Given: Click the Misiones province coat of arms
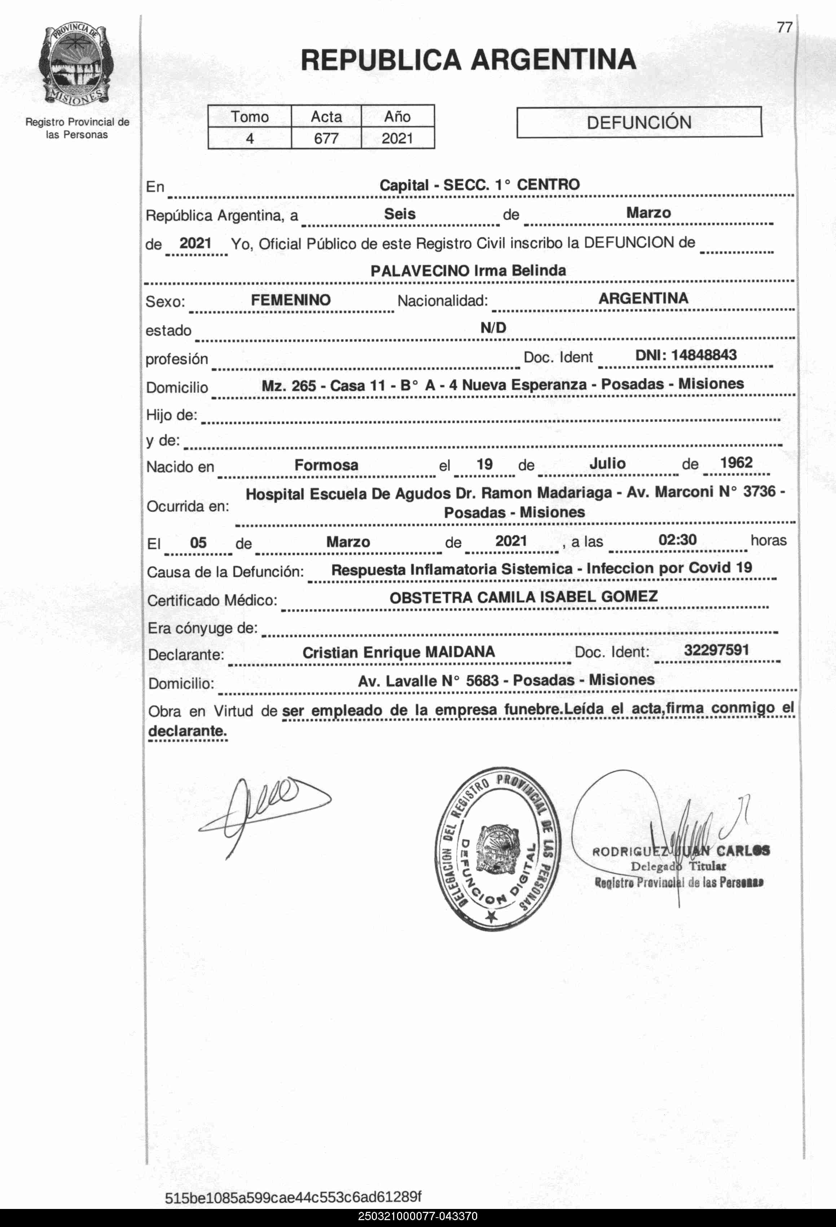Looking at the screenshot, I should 75,65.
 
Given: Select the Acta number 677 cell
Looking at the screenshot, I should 326,138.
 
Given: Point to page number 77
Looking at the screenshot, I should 784,27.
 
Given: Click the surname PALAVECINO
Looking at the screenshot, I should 419,271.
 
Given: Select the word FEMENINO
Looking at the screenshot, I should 290,300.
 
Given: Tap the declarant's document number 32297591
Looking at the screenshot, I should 716,650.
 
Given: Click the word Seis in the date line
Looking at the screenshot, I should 399,214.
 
